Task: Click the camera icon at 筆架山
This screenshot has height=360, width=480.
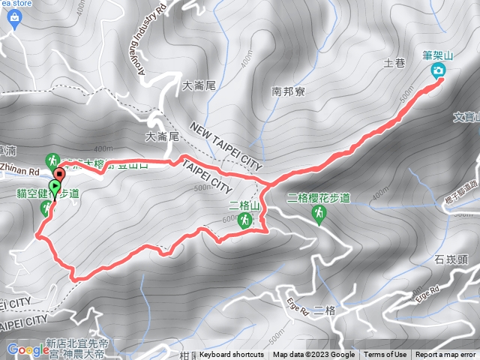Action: (438, 70)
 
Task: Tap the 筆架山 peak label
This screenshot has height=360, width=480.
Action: (438, 54)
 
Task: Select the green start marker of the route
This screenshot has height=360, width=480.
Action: (55, 186)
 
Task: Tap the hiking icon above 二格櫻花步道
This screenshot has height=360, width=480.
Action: (318, 215)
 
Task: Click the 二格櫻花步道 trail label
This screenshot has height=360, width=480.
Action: (319, 199)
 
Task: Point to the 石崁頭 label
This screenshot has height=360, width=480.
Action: (450, 260)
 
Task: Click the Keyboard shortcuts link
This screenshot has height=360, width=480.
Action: (231, 355)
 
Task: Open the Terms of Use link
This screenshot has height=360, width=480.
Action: (385, 355)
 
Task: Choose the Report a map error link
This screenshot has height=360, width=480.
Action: (446, 355)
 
